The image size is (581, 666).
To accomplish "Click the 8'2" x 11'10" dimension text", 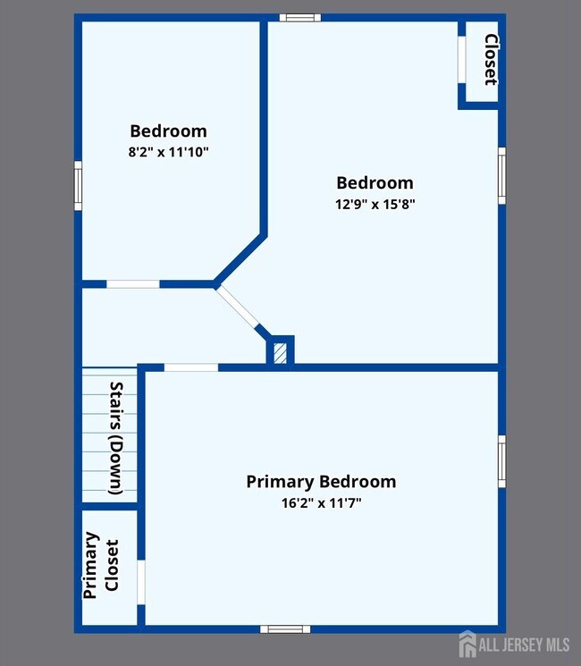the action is click(x=169, y=152).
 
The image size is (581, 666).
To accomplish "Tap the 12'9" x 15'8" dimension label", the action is click(x=375, y=205).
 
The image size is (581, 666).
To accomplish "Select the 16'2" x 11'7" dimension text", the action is click(x=322, y=503).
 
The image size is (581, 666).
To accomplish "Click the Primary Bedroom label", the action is click(x=321, y=482).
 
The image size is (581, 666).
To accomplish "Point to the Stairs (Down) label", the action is click(x=116, y=438).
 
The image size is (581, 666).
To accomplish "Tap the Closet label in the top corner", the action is click(x=491, y=60).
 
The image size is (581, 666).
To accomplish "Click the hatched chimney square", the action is click(x=280, y=353).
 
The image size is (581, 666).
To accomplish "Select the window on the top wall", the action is click(x=300, y=17).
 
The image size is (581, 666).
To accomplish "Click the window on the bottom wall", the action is click(x=285, y=629).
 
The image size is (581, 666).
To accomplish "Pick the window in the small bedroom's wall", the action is click(x=78, y=186).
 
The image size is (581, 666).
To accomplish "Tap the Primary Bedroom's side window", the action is click(x=502, y=461).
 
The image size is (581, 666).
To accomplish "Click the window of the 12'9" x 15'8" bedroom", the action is click(x=502, y=176).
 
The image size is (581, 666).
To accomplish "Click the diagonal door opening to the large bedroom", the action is click(x=237, y=307).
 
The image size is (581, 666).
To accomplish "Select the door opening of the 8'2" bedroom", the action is click(x=133, y=284).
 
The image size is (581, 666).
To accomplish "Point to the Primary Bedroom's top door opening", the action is click(x=191, y=367).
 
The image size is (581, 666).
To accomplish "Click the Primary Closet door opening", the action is click(x=141, y=582).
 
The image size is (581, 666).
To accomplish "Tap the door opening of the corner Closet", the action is click(x=461, y=60).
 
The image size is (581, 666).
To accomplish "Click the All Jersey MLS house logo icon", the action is click(x=467, y=644).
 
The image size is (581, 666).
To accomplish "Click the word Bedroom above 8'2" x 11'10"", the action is click(x=169, y=131).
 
